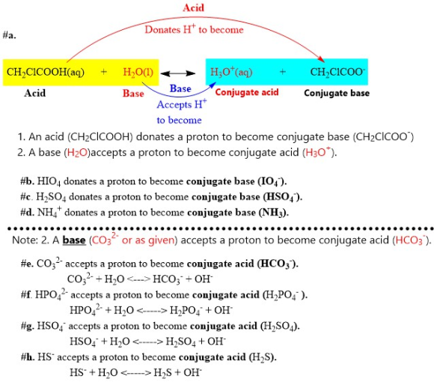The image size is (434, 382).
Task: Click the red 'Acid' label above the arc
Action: click(x=193, y=7)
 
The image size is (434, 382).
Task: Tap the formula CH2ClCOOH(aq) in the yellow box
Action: click(x=46, y=73)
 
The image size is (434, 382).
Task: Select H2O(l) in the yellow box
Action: click(x=138, y=73)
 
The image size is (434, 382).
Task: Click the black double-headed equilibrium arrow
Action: click(x=178, y=73)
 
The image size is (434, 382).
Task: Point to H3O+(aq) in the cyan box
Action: click(x=231, y=72)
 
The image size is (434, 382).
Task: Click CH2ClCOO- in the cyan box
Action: click(x=337, y=72)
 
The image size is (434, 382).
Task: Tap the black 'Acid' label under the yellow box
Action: click(x=34, y=93)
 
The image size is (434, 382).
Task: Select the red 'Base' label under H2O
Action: click(x=133, y=94)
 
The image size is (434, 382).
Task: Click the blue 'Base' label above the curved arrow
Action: click(x=180, y=88)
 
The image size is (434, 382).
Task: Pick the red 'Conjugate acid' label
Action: click(x=247, y=92)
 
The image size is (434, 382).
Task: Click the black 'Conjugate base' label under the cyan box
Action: click(x=337, y=93)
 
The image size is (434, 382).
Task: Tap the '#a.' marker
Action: click(x=10, y=35)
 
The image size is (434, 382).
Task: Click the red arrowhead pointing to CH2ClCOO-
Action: click(x=321, y=58)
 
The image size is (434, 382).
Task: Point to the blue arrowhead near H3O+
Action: click(x=213, y=85)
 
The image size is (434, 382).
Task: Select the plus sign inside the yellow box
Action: click(x=104, y=72)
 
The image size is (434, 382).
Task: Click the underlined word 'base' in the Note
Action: click(x=74, y=240)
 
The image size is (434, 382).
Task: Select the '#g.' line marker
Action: click(x=28, y=326)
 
